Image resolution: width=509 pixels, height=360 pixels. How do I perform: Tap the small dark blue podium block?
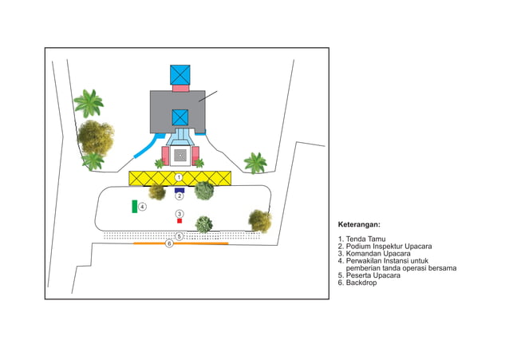180,190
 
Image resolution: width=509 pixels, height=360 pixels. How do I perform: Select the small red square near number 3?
180,220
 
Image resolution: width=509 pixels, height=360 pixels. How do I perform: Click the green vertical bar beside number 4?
134,207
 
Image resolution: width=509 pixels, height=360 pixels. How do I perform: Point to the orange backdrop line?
199,243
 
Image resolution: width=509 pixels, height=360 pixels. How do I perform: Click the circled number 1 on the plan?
180,176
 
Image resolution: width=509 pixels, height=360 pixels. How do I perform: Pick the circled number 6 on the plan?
169,243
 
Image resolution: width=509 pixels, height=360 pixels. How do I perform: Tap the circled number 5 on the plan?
180,235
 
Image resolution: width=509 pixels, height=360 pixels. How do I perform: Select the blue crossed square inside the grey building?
180,117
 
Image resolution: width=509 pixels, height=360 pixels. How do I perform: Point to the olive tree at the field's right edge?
258,219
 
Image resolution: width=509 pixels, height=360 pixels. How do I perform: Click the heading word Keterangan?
358,225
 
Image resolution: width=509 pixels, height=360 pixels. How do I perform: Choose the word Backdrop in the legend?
364,283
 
